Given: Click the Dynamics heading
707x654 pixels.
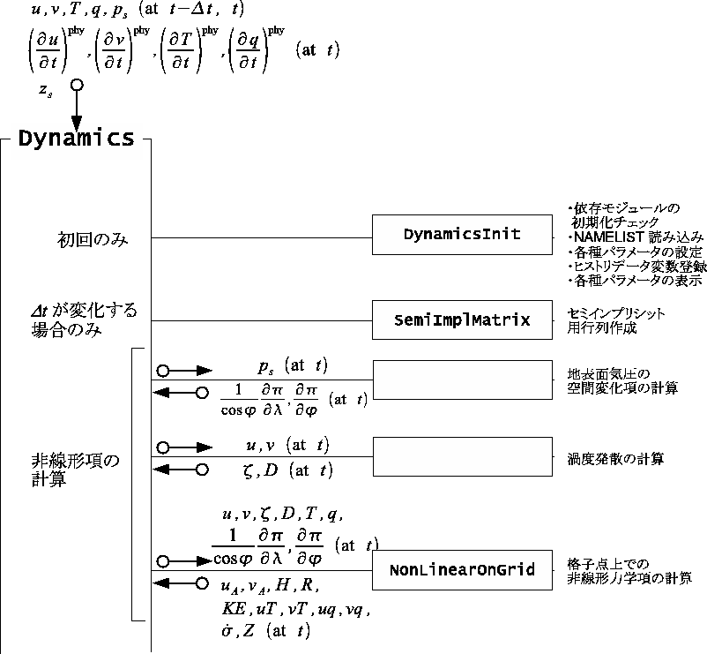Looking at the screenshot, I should point(77,139).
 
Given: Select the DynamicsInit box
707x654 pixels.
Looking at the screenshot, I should point(462,235).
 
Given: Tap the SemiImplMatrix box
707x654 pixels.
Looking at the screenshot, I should point(462,320).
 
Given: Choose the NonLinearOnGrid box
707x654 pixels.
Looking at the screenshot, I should point(462,570).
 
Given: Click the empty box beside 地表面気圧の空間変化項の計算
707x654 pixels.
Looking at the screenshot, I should point(462,381).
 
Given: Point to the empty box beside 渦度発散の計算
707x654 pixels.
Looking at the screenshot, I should point(462,457).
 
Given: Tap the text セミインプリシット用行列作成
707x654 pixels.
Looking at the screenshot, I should point(614,320).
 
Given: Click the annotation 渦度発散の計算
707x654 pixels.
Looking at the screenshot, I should point(614,459).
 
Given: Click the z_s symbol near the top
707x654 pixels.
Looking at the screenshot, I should point(44,90).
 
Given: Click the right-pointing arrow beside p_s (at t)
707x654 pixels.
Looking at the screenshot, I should point(185,371).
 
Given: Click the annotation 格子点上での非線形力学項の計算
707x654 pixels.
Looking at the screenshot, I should point(629,571).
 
